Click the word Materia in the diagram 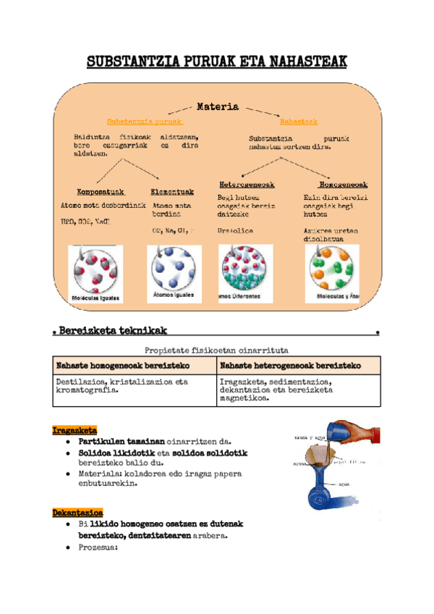coord(218,106)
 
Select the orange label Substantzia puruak coord(144,122)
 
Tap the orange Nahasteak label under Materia coord(298,122)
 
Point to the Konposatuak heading coord(91,192)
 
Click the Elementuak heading coord(172,192)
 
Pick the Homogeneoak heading coord(343,185)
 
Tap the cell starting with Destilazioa coord(135,386)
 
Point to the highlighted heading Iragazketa coord(75,430)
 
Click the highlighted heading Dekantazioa coord(77,513)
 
